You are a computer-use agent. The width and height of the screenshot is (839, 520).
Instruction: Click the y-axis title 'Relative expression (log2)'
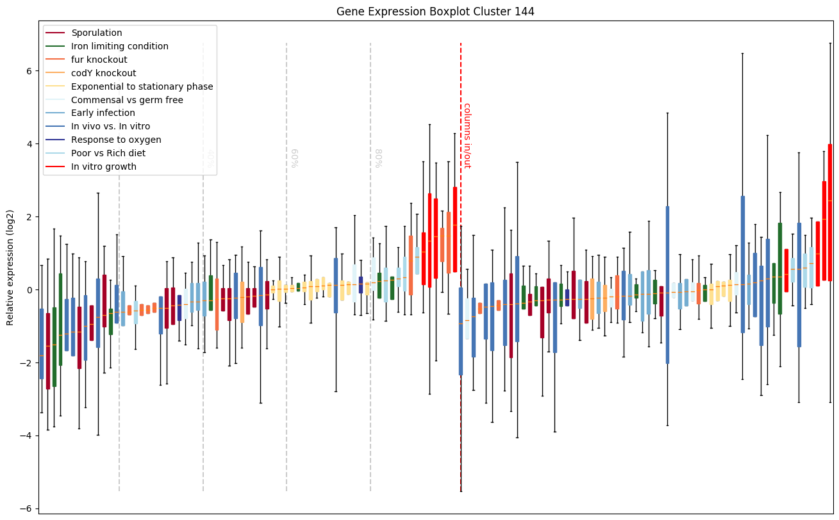(x=10, y=268)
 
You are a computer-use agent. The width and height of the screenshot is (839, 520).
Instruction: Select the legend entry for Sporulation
(x=97, y=33)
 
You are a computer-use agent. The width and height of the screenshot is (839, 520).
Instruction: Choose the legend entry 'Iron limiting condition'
(x=120, y=46)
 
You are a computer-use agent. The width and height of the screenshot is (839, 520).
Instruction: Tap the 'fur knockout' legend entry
(x=99, y=60)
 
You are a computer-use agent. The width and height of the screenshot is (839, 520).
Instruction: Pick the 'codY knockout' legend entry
(x=103, y=73)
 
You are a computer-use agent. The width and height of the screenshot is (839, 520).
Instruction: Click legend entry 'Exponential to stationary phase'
(x=142, y=86)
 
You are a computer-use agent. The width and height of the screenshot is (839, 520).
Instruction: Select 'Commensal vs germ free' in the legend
(x=127, y=100)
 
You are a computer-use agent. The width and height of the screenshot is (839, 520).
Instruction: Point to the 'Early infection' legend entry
(x=103, y=113)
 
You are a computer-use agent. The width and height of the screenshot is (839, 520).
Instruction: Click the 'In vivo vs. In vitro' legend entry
(x=110, y=127)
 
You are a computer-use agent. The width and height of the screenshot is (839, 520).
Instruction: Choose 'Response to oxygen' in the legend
(x=116, y=140)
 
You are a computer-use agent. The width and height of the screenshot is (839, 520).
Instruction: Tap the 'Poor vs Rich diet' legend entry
(x=108, y=153)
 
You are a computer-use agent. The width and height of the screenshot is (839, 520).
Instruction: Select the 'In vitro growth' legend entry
(x=104, y=167)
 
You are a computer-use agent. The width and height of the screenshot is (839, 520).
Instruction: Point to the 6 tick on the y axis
(x=29, y=71)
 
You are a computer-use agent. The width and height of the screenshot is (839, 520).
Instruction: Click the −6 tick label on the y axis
(x=26, y=509)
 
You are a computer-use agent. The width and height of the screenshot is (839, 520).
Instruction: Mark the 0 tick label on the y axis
(x=29, y=290)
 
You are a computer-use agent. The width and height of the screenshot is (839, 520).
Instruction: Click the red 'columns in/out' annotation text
(x=467, y=136)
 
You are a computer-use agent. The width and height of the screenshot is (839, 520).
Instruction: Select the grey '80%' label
(x=378, y=158)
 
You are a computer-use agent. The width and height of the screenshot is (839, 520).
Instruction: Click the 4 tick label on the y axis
(x=29, y=144)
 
